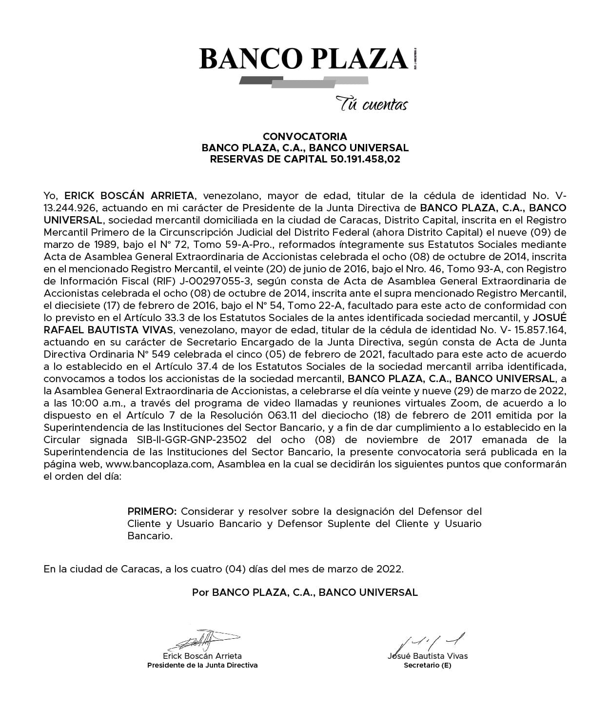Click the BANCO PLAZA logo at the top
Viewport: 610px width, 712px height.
pos(303,59)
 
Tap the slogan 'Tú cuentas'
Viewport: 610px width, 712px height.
pos(372,104)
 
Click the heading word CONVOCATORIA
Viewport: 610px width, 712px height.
pos(305,137)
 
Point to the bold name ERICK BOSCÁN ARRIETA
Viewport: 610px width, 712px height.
pos(129,196)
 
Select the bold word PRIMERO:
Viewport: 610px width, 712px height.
pos(152,511)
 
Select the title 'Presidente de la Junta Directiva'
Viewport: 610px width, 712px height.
pos(202,665)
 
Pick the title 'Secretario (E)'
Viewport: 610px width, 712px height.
pos(428,665)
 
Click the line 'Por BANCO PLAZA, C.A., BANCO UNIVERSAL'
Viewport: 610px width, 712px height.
pos(305,592)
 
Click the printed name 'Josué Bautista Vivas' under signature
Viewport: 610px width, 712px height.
pos(428,656)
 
